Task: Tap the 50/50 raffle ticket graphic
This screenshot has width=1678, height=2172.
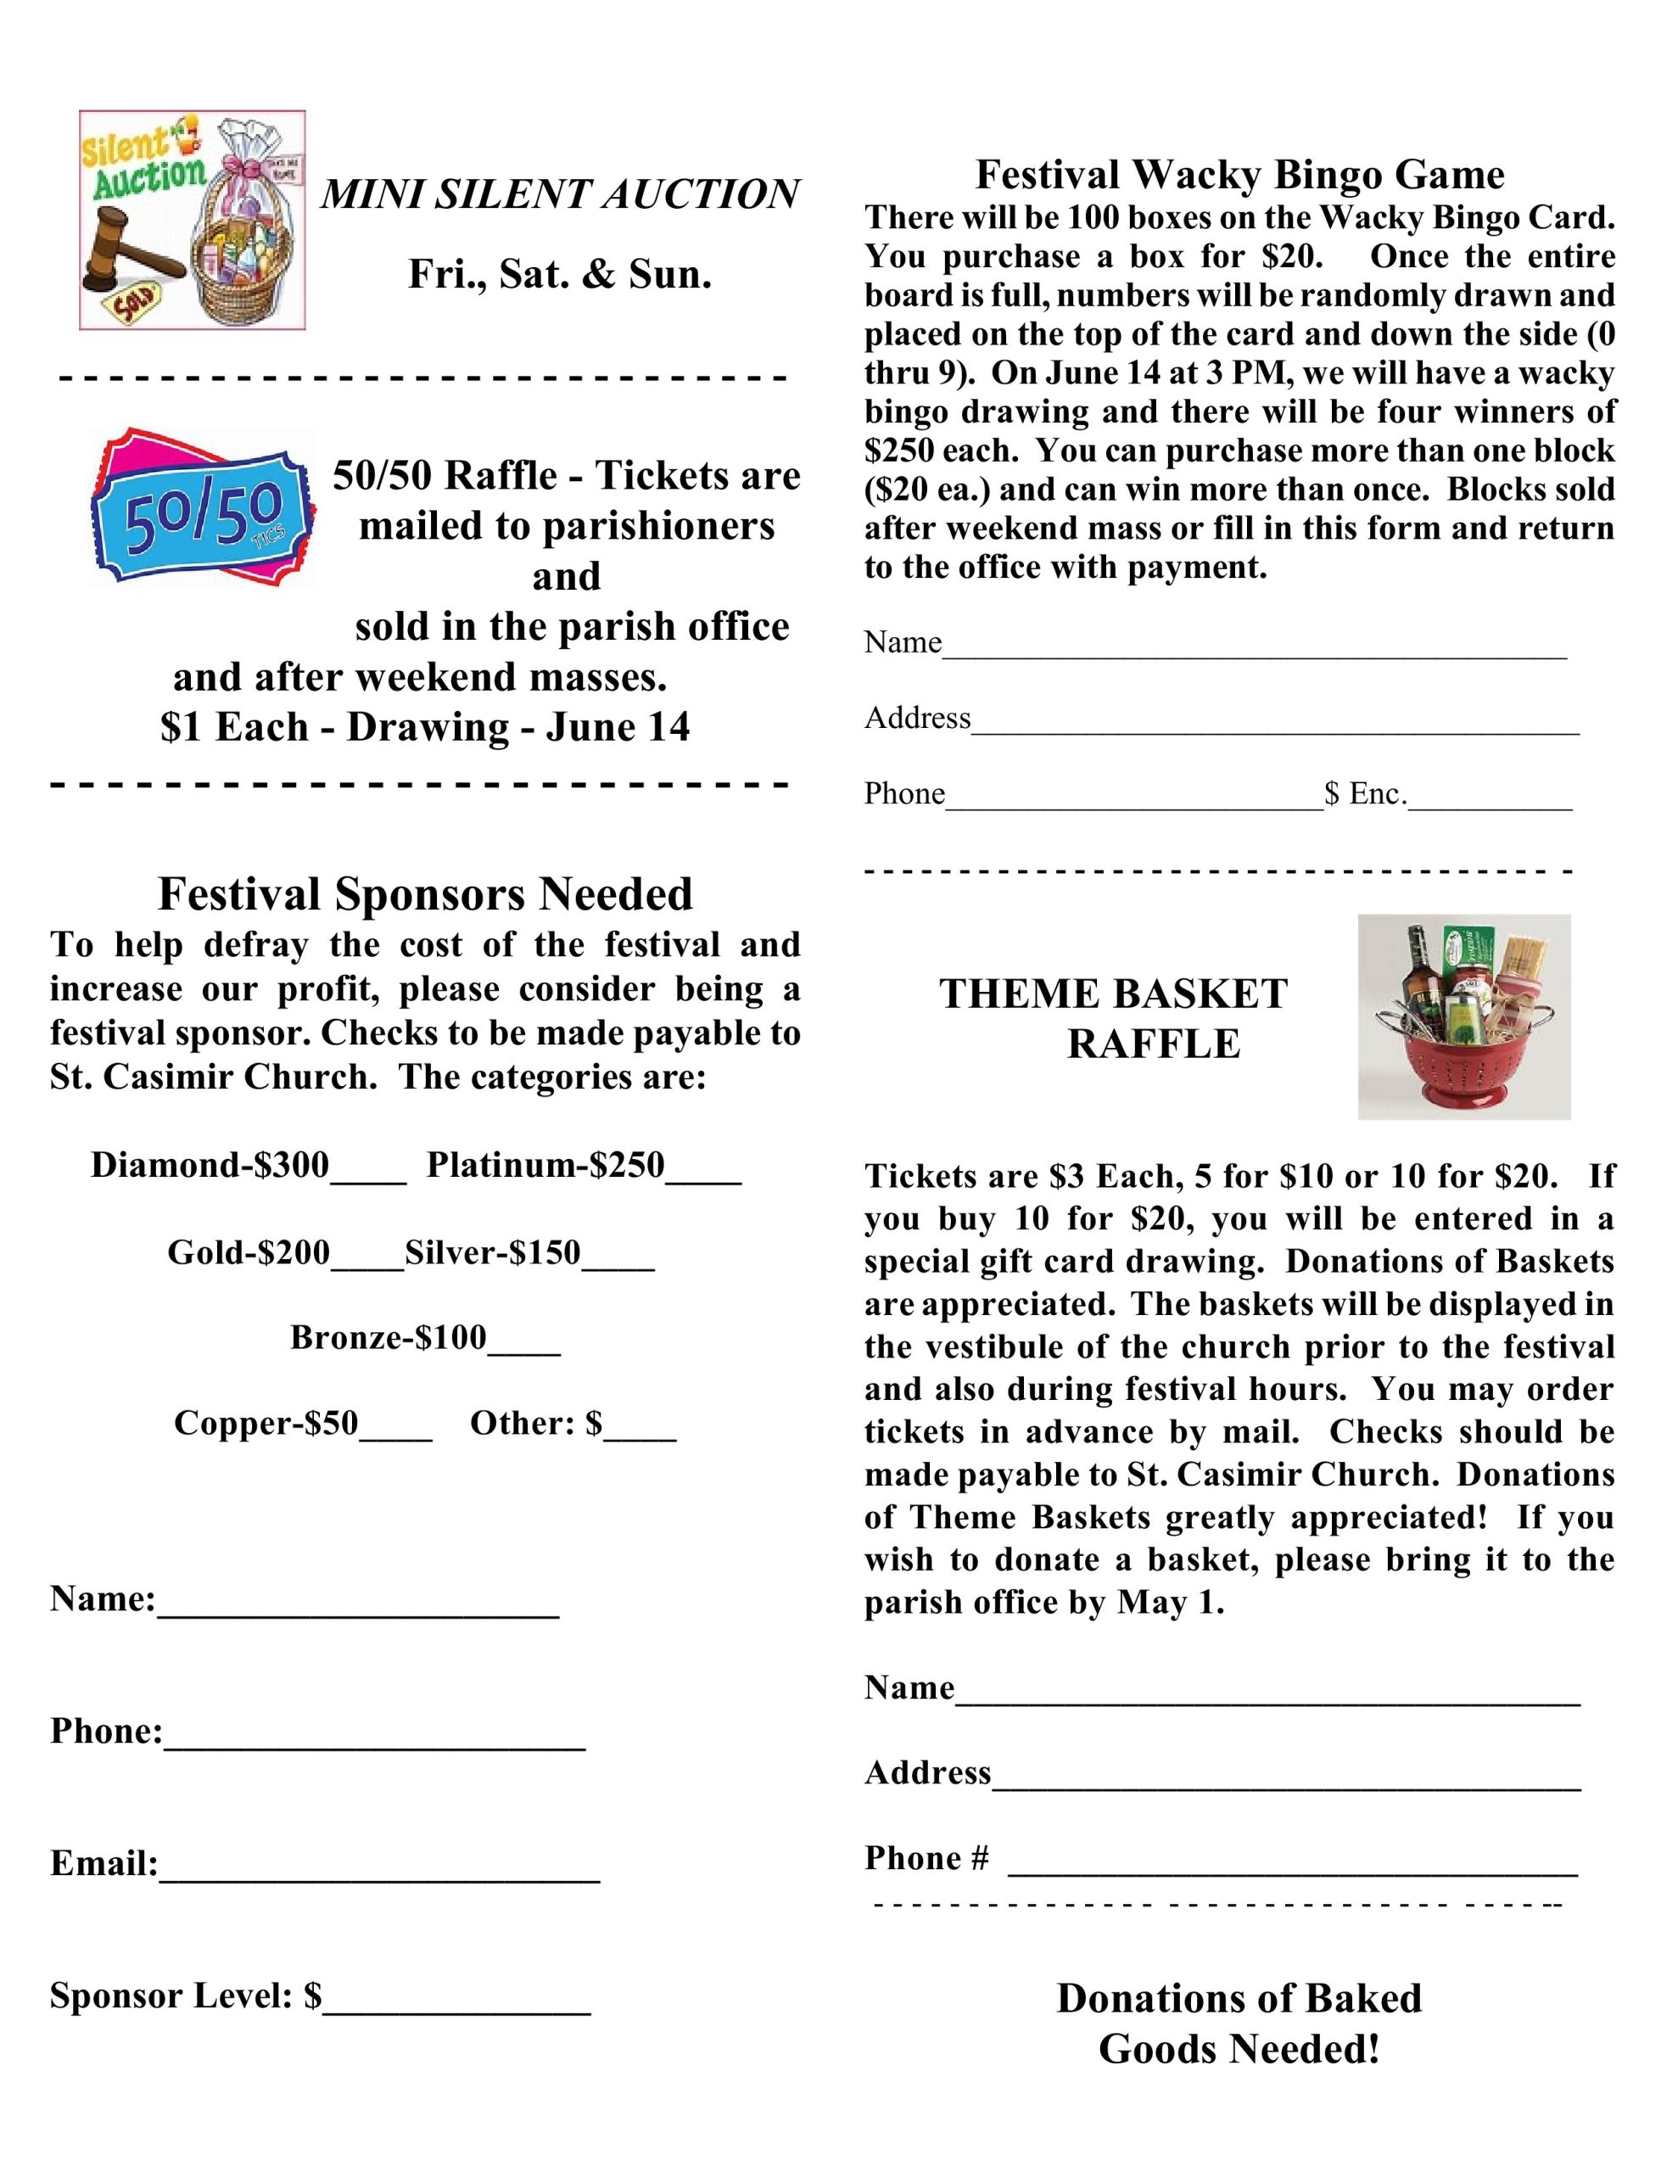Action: tap(203, 507)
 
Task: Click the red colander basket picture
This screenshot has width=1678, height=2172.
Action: tap(1463, 1016)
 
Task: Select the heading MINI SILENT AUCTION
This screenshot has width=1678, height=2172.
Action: tap(560, 194)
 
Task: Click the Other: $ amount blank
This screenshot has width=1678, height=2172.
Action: tap(640, 1431)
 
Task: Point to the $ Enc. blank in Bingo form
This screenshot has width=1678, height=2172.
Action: tap(1489, 801)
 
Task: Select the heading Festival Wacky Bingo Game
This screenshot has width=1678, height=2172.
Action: tap(1239, 175)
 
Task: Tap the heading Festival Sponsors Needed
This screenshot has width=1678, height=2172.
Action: tap(425, 893)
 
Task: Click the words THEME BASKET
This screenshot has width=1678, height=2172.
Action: tap(1113, 994)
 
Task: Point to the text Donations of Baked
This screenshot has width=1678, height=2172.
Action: tap(1239, 1998)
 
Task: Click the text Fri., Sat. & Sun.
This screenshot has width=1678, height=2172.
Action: tap(560, 275)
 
